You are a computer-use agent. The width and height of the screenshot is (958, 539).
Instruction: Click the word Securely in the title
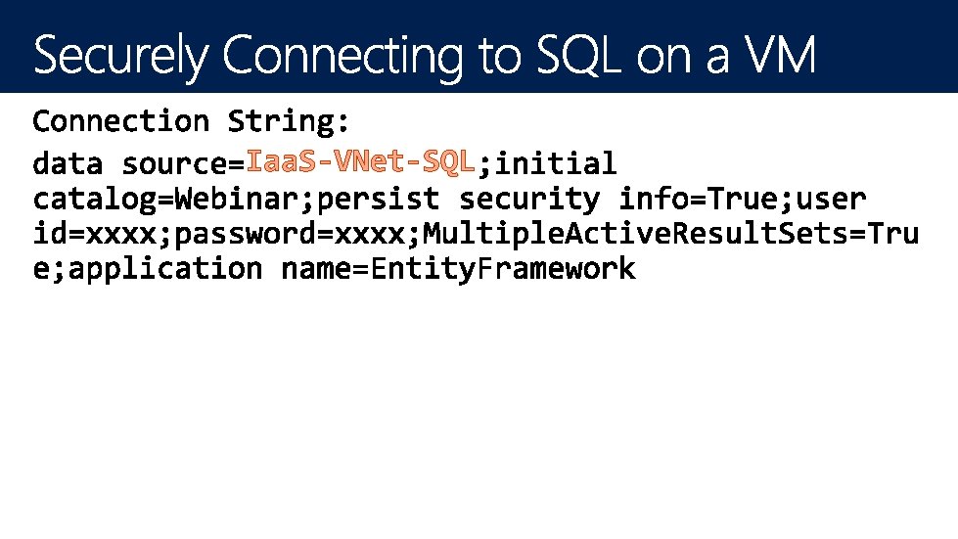pyautogui.click(x=121, y=57)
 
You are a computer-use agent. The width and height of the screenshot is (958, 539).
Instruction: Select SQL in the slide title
pyautogui.click(x=578, y=57)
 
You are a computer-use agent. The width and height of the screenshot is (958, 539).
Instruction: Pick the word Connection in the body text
pyautogui.click(x=121, y=122)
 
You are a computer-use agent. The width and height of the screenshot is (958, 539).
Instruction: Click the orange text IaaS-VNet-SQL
pyautogui.click(x=360, y=161)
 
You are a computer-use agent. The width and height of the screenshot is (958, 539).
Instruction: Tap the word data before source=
pyautogui.click(x=68, y=163)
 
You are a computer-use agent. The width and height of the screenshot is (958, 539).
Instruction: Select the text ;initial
pyautogui.click(x=547, y=163)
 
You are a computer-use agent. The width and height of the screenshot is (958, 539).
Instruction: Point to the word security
pyautogui.click(x=529, y=200)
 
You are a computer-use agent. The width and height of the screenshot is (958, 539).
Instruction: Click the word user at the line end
pyautogui.click(x=831, y=200)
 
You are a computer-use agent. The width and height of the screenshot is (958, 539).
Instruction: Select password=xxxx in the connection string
pyautogui.click(x=291, y=235)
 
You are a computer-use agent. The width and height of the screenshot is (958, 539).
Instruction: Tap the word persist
pyautogui.click(x=380, y=200)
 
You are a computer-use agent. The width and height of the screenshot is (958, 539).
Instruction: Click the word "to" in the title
pyautogui.click(x=503, y=57)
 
